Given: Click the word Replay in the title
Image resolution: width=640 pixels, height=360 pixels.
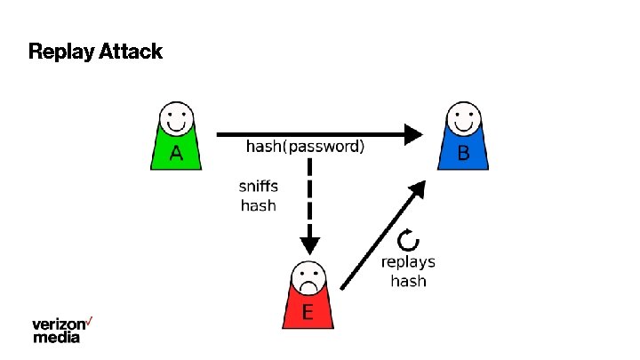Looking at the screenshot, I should point(56,52).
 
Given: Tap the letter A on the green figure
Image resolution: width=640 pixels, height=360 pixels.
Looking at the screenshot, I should point(176,154).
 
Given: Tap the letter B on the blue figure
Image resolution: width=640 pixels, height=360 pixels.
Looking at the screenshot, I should point(463,154).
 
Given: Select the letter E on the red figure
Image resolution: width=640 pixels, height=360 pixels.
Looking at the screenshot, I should point(308,312).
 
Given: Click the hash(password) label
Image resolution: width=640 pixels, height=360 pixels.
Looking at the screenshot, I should point(305,147).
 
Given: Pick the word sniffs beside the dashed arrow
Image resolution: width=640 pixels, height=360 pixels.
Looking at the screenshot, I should point(259,187).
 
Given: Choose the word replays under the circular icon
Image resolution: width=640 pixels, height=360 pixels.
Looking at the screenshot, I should point(408,262).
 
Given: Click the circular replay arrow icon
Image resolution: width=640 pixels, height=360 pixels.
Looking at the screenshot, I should point(408,238).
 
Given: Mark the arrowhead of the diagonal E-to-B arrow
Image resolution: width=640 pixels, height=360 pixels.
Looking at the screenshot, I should point(417,188).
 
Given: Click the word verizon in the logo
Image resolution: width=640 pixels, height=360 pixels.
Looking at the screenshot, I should point(60,324).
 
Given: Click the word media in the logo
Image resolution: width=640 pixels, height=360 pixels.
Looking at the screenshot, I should point(56,337).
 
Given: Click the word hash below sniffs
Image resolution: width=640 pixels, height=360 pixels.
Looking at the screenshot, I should point(259,205).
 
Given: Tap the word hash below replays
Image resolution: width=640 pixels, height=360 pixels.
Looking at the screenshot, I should point(408,281).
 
